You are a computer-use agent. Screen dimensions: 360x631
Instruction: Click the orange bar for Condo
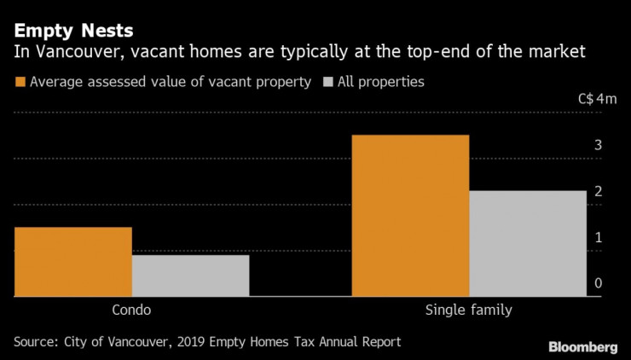[x=72, y=262]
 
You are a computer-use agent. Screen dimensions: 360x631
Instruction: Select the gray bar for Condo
[x=190, y=276]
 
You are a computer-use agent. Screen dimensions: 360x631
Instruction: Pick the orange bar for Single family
[x=410, y=216]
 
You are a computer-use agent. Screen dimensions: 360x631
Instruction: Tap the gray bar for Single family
[x=528, y=243]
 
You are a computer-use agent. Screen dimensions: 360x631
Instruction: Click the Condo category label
[x=131, y=311]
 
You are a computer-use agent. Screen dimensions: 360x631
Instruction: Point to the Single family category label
[x=469, y=311]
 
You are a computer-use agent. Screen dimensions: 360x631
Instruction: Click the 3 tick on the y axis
[x=599, y=146]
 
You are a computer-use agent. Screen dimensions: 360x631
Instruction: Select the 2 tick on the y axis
[x=599, y=192]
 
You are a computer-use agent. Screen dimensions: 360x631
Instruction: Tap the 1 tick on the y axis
[x=599, y=238]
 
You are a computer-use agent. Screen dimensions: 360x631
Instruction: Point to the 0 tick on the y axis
[x=599, y=284]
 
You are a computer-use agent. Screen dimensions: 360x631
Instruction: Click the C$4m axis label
[x=597, y=100]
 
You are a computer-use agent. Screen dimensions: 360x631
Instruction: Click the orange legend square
[x=19, y=83]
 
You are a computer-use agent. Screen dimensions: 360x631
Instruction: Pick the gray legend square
[x=328, y=83]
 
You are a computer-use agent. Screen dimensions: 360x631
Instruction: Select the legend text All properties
[x=382, y=83]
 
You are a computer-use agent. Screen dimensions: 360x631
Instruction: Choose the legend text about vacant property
[x=171, y=83]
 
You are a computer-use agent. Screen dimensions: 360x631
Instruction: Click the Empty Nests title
[x=72, y=32]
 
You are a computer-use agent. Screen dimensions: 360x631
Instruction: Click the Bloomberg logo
[x=583, y=347]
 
